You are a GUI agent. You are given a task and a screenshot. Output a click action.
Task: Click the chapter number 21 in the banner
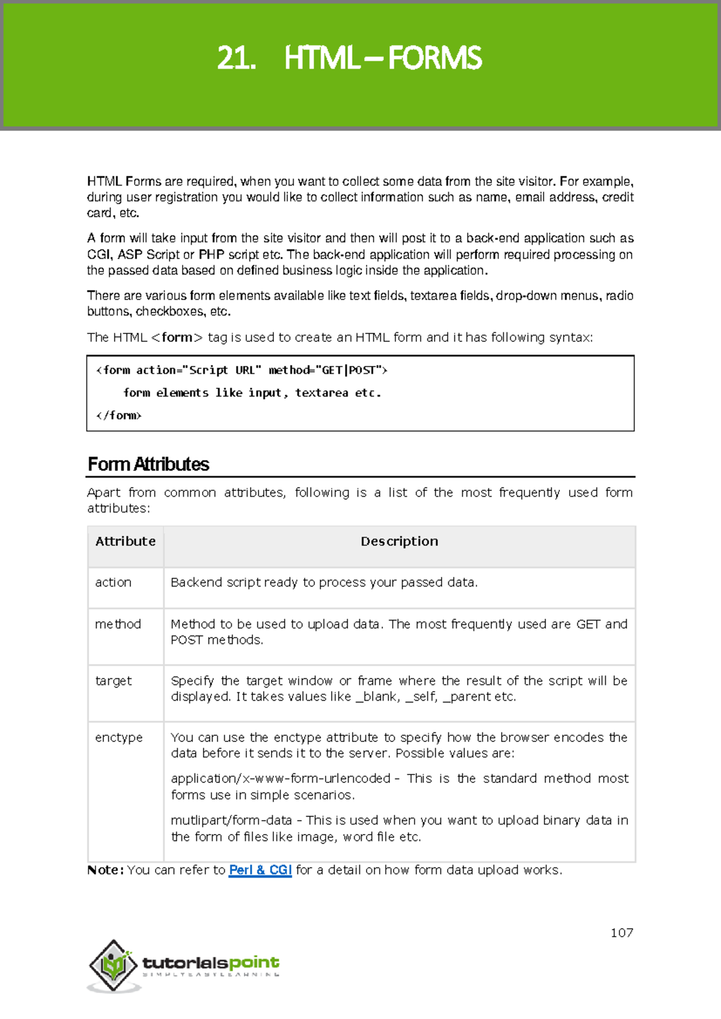click(236, 58)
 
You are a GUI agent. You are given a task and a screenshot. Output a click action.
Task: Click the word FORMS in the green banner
click(434, 58)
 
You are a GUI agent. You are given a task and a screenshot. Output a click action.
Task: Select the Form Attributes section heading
click(148, 464)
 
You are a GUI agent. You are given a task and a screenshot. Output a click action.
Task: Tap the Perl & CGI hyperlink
click(260, 870)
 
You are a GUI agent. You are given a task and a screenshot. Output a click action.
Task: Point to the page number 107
click(622, 932)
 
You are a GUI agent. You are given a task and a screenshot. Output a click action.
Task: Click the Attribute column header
click(126, 541)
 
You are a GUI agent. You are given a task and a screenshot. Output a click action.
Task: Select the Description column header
click(399, 541)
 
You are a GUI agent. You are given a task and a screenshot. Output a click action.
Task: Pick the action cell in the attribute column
click(113, 582)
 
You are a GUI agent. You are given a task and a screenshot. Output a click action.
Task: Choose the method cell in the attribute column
click(118, 624)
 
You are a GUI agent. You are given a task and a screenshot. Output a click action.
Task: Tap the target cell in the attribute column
click(113, 681)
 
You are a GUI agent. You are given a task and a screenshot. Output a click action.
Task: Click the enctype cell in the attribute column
click(118, 737)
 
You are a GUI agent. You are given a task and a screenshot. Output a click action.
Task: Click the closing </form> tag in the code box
click(119, 415)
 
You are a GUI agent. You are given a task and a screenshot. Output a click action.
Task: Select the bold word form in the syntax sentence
click(177, 337)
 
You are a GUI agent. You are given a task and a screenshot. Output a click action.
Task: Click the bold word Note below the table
click(105, 870)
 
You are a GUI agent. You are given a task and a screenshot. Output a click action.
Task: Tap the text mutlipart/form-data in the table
click(231, 820)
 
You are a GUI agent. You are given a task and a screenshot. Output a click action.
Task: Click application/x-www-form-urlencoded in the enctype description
click(281, 778)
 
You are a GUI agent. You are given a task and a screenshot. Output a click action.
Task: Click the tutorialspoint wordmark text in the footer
click(211, 963)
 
